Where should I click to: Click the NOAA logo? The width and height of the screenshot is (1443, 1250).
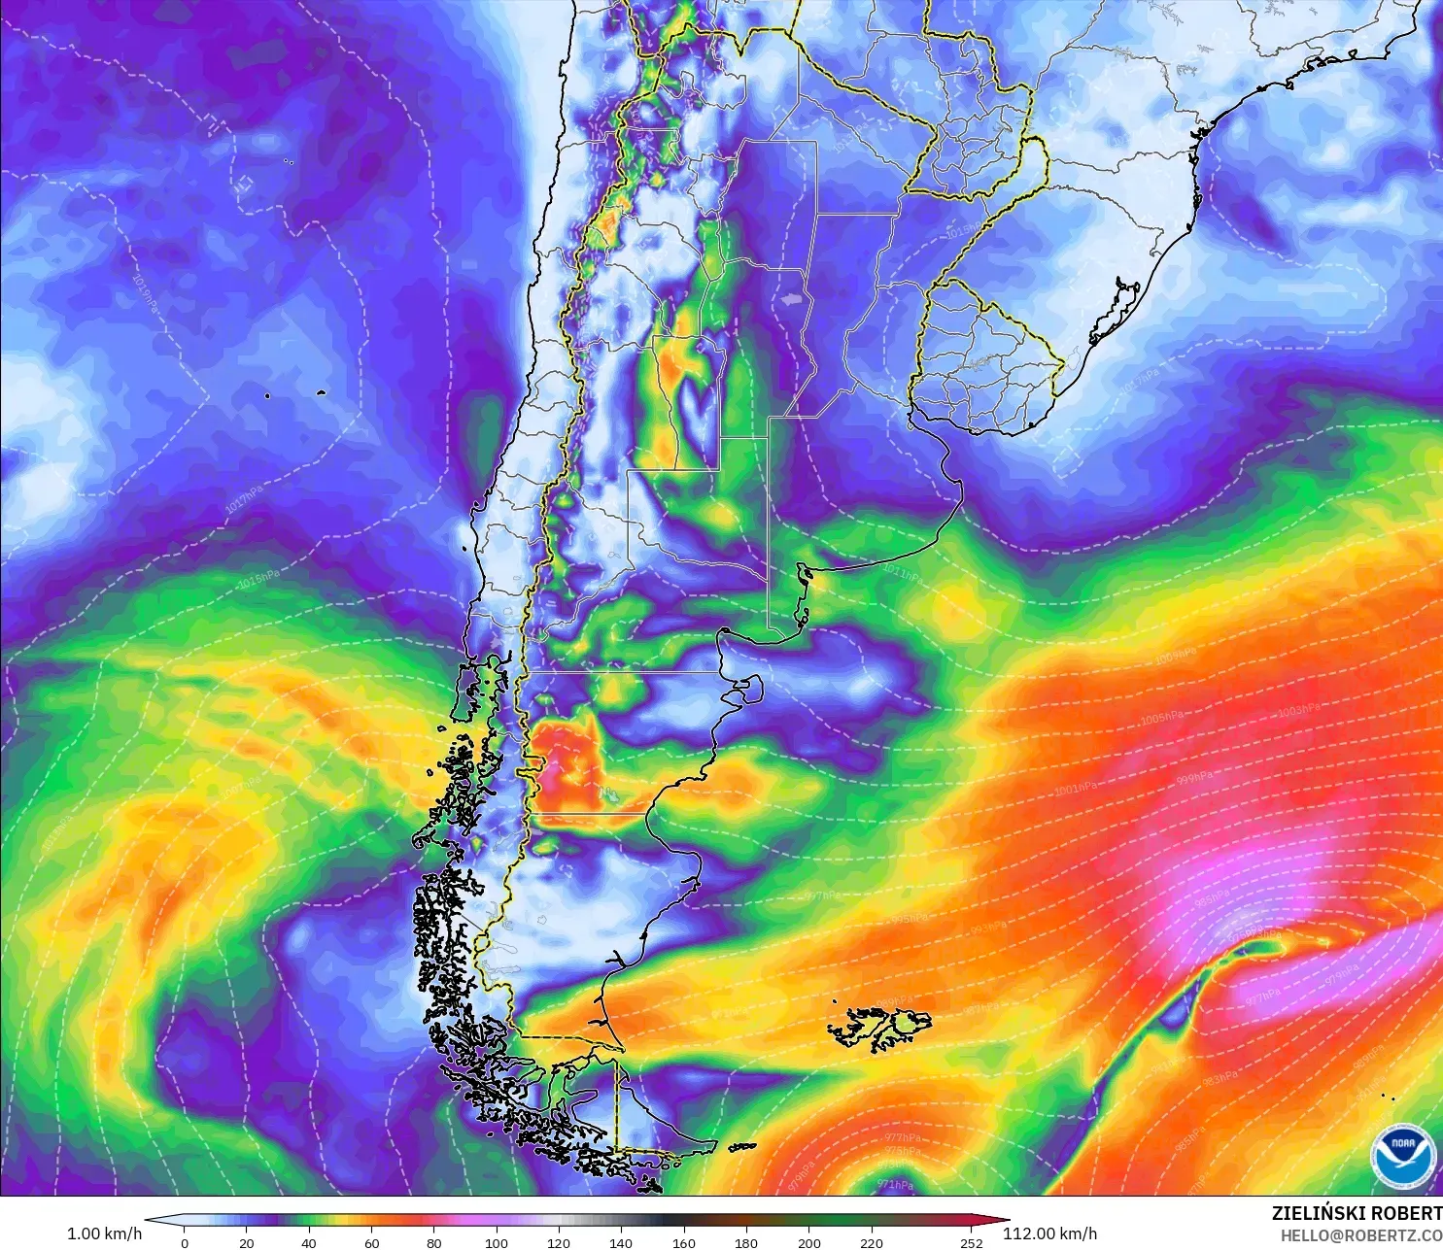[1403, 1156]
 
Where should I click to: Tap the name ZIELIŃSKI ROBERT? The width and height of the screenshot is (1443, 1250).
[1357, 1213]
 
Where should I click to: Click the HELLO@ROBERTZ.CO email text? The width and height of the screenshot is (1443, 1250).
[1360, 1235]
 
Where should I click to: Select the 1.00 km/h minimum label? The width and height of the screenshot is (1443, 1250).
[104, 1233]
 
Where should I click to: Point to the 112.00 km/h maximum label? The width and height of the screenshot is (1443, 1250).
[1049, 1233]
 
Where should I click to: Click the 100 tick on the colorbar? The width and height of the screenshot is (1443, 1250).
[497, 1242]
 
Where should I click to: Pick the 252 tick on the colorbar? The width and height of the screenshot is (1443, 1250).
[972, 1242]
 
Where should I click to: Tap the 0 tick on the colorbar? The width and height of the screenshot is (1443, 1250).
[185, 1242]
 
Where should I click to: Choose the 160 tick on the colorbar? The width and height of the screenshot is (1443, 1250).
[684, 1242]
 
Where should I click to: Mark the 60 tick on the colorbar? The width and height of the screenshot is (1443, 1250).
[371, 1242]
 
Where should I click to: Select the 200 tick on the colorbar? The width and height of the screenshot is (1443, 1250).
[808, 1242]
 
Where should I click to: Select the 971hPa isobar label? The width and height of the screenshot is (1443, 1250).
[895, 1185]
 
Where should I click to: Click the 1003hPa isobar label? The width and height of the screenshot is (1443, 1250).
[1299, 711]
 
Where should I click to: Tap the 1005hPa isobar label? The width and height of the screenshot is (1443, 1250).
[1162, 718]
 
